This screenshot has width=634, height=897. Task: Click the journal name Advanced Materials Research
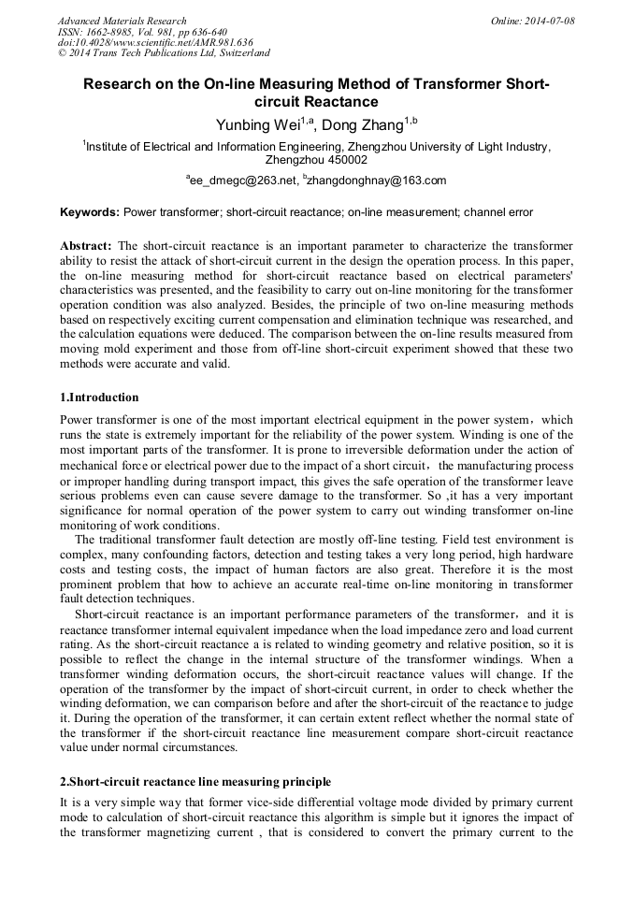pyautogui.click(x=122, y=21)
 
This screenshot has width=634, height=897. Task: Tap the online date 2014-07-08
pyautogui.click(x=549, y=21)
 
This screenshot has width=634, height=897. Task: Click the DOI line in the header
pyautogui.click(x=155, y=43)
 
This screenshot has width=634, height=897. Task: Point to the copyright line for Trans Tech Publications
pyautogui.click(x=164, y=54)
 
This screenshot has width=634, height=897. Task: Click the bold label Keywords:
pyautogui.click(x=90, y=212)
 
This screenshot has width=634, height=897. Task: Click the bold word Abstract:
pyautogui.click(x=86, y=245)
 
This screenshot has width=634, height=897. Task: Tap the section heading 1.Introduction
pyautogui.click(x=99, y=398)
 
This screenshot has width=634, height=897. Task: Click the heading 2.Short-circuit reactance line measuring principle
pyautogui.click(x=195, y=781)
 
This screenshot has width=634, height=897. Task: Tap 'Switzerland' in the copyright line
pyautogui.click(x=238, y=54)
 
